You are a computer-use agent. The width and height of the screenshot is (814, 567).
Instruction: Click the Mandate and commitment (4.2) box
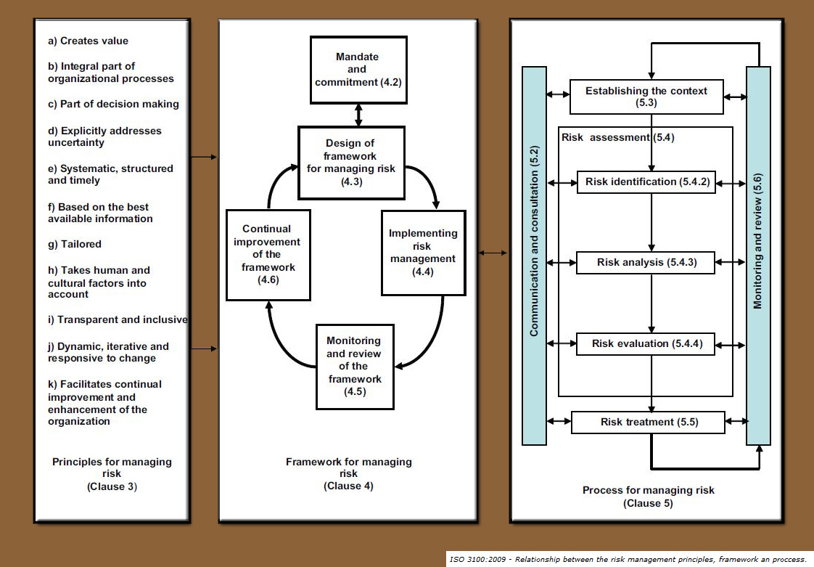tap(357, 70)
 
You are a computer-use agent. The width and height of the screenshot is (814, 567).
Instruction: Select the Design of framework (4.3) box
tap(351, 163)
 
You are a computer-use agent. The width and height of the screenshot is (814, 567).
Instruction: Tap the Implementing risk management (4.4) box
tap(423, 253)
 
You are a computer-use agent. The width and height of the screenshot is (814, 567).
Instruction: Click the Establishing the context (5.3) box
tap(646, 97)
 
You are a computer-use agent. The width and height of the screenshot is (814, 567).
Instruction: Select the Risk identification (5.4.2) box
tap(646, 181)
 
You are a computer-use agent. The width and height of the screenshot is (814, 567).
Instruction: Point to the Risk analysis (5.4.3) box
tap(646, 262)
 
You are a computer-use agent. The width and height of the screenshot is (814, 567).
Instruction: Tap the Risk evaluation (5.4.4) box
tap(646, 343)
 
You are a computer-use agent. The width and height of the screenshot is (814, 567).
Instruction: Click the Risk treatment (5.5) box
tap(648, 422)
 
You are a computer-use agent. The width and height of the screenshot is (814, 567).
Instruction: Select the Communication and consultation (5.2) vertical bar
tap(534, 255)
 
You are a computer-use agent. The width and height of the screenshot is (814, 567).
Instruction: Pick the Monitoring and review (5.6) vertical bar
tap(758, 255)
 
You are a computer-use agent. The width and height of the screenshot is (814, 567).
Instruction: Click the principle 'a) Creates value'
tap(89, 41)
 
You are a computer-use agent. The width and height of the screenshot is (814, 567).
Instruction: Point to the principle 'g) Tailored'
tap(75, 245)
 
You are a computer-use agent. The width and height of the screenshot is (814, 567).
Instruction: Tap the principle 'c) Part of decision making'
tap(114, 104)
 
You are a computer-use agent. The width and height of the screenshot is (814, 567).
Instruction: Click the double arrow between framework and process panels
tap(493, 253)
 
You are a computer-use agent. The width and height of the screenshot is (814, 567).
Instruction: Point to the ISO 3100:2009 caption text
tap(628, 559)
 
